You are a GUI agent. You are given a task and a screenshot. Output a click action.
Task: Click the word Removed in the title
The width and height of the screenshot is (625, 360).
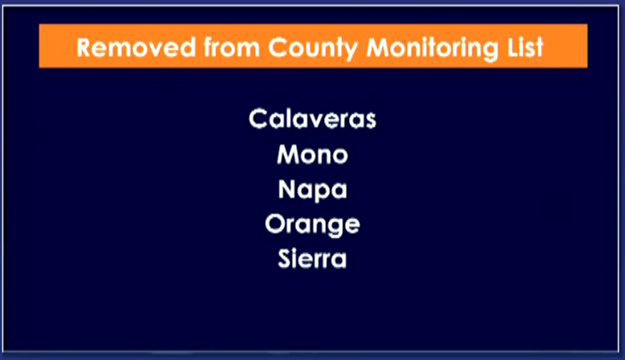click(136, 47)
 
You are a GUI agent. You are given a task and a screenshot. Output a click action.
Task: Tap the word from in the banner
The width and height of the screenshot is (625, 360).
click(231, 47)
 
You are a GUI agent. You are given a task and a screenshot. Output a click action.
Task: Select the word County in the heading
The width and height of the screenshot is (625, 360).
click(312, 48)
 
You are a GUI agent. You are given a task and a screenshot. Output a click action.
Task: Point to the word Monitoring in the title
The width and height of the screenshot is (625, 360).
click(432, 48)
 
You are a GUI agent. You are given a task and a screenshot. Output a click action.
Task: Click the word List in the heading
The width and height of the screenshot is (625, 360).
click(525, 47)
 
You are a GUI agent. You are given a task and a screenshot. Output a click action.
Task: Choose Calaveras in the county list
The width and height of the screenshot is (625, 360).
click(312, 119)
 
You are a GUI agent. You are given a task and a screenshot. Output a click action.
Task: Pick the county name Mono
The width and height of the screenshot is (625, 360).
click(312, 155)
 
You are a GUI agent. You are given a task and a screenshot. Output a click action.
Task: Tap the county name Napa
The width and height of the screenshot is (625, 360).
click(312, 189)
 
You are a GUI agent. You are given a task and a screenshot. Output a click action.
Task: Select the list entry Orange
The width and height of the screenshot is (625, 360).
click(312, 225)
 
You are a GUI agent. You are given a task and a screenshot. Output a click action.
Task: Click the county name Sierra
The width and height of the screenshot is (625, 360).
click(312, 258)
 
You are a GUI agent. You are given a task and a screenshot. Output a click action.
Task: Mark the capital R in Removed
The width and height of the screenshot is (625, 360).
click(85, 47)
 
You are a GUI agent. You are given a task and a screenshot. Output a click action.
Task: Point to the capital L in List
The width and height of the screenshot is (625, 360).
click(513, 47)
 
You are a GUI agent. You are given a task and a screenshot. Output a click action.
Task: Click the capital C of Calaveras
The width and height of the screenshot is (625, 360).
click(258, 119)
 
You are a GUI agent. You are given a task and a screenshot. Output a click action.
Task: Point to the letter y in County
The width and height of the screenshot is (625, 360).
click(349, 52)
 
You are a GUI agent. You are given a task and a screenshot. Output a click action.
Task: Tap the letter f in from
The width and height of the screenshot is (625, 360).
click(209, 47)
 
